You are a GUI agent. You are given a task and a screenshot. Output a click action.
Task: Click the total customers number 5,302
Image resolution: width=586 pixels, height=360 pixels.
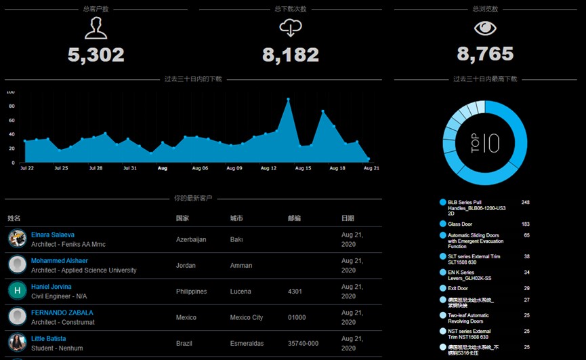[x=96, y=55]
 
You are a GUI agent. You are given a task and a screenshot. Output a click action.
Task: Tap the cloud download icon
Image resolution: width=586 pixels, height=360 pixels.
[x=291, y=28]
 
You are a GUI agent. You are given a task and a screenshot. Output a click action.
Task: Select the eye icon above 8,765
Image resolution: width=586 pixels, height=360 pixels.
[x=485, y=28]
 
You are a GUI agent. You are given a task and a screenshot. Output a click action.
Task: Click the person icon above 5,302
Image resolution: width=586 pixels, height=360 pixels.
[x=96, y=28]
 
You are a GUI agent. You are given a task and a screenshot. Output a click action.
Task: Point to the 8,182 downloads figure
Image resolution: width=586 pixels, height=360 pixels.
[x=291, y=55]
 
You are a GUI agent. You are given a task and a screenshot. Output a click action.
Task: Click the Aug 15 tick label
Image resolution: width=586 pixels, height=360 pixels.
[x=304, y=168]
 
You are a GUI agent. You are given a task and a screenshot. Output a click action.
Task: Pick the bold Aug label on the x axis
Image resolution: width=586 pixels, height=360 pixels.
[x=163, y=168]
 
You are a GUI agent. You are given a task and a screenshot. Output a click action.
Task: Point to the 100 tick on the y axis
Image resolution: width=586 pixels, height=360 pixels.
[x=10, y=92]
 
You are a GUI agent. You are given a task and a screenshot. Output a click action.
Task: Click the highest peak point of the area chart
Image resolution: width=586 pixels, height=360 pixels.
[x=288, y=100]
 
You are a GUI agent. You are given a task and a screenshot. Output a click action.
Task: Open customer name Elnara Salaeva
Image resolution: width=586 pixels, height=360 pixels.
[x=53, y=235]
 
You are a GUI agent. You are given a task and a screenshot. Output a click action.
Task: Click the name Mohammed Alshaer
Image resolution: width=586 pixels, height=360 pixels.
[x=60, y=260]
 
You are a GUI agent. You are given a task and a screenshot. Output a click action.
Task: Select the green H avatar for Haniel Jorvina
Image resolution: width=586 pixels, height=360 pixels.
[x=17, y=290]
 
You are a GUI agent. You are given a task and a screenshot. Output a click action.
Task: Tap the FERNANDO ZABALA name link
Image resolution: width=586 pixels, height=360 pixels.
[x=62, y=313]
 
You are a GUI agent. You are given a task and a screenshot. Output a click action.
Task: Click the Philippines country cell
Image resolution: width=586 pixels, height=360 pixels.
[x=192, y=292]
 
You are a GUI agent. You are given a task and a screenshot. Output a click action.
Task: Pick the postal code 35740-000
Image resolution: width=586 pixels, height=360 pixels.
[x=304, y=344]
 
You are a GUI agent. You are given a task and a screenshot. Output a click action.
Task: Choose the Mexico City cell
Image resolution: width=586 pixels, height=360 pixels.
[x=247, y=317]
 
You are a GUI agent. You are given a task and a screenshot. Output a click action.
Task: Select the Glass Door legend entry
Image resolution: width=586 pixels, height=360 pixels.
[x=460, y=224]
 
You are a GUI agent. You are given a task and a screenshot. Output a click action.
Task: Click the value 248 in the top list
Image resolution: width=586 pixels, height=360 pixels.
[x=525, y=203]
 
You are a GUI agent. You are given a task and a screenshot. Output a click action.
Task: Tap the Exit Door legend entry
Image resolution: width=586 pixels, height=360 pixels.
[x=457, y=288]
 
